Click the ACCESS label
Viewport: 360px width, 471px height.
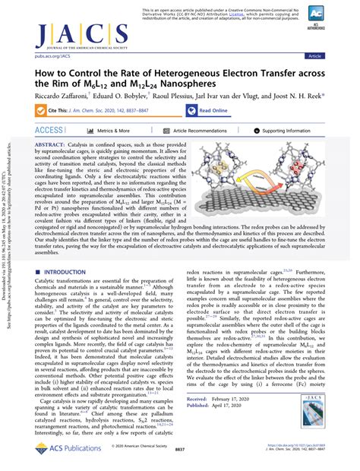click(x=47, y=131)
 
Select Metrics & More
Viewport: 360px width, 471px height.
click(x=106, y=131)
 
